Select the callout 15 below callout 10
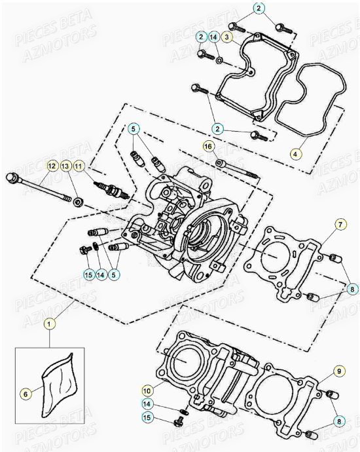(147, 417)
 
